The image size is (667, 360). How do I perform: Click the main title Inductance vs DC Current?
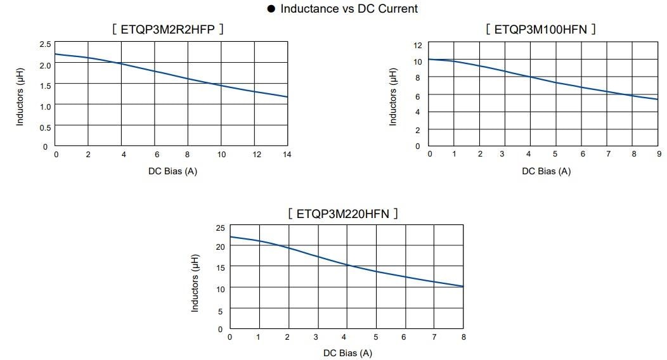tap(349, 9)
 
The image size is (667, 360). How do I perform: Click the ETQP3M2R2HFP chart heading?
tap(167, 29)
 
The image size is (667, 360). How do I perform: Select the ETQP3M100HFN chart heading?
tap(541, 29)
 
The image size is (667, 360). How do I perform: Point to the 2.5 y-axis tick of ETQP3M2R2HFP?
tap(44, 44)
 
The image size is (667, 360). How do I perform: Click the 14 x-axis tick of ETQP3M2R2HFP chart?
tap(287, 155)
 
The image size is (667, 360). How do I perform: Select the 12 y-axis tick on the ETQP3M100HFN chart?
tap(417, 46)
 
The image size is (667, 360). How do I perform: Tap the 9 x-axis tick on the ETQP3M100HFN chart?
tap(659, 155)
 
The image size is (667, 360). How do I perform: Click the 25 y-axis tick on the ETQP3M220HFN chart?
tap(220, 228)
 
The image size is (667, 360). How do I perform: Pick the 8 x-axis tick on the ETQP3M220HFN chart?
tap(463, 337)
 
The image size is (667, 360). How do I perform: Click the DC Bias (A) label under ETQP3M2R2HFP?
tap(172, 171)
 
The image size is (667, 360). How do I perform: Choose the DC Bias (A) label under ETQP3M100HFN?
tap(546, 171)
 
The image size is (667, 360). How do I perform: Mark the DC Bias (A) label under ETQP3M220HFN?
tap(347, 353)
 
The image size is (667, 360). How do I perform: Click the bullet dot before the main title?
tap(271, 9)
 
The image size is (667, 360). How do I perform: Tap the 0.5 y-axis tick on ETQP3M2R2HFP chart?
tap(44, 127)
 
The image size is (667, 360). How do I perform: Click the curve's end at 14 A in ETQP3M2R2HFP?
tap(287, 97)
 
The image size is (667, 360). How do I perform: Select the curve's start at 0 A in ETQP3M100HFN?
tap(429, 59)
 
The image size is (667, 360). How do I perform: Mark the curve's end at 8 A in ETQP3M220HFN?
tap(463, 286)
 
